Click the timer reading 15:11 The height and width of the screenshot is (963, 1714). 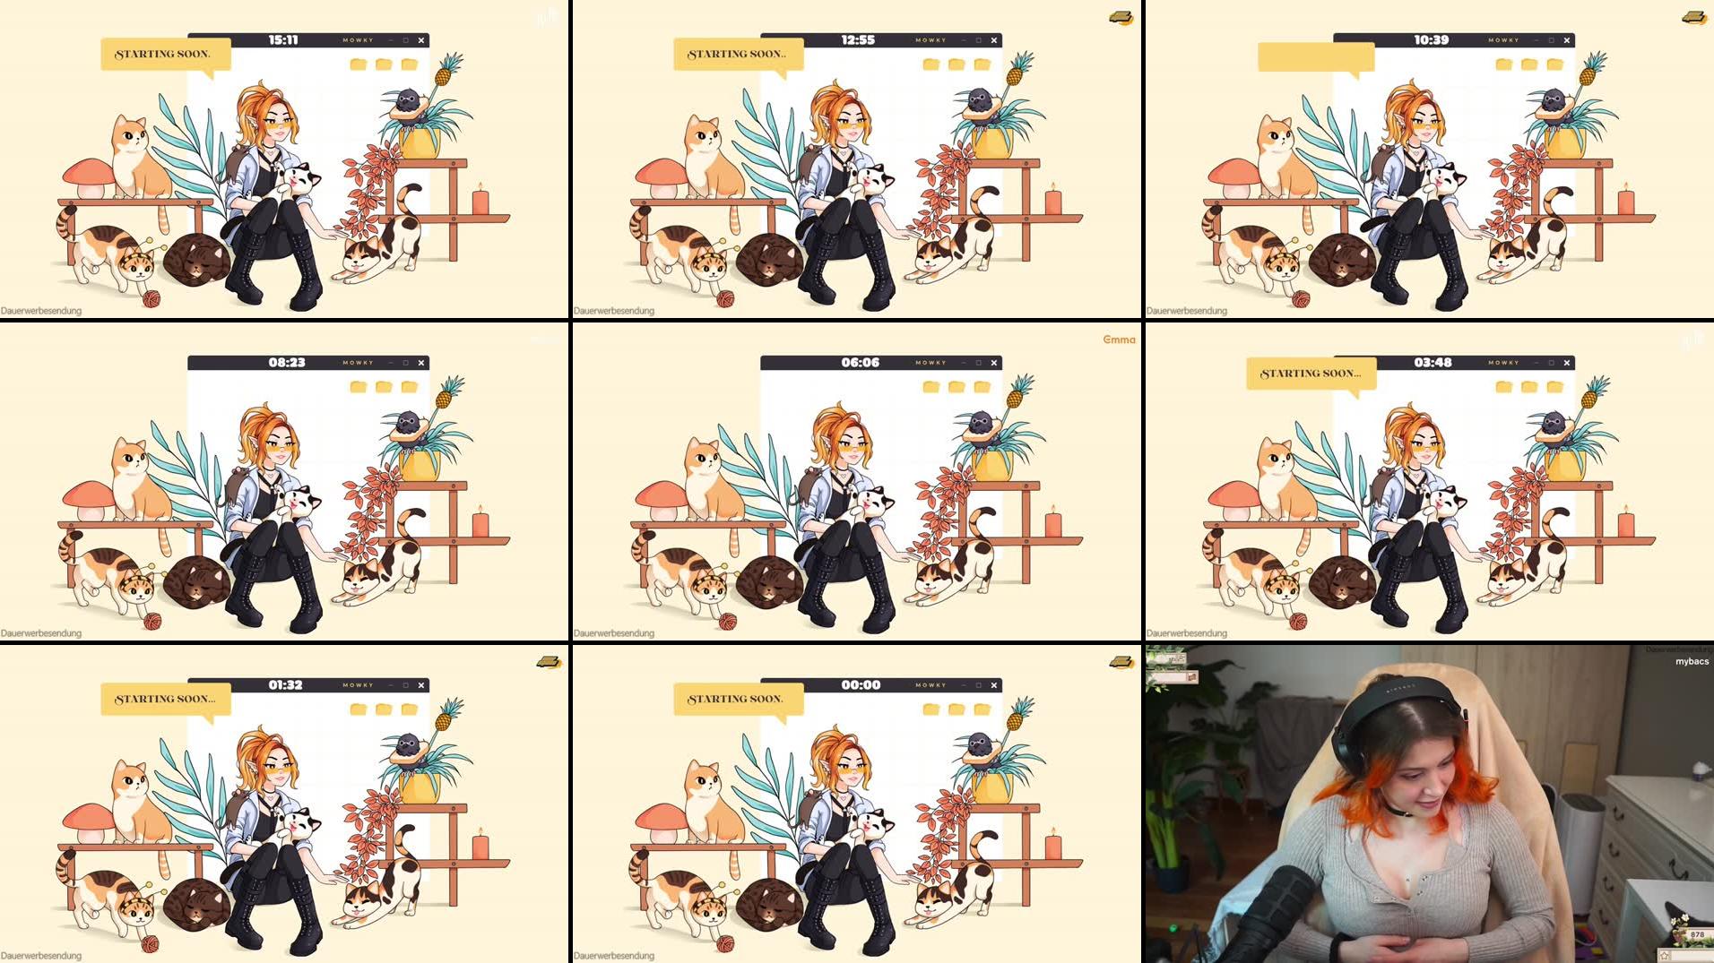(283, 40)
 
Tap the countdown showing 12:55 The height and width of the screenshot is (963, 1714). (858, 40)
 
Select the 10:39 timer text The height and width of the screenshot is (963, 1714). (1431, 40)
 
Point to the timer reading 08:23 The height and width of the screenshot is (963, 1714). (287, 363)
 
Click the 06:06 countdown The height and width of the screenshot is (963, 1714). (860, 363)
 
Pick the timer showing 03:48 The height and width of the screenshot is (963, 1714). (1433, 363)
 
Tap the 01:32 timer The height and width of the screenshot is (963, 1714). (285, 685)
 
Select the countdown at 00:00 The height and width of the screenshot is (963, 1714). (861, 685)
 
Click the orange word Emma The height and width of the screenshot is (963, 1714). (1119, 340)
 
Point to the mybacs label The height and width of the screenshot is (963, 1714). (1692, 661)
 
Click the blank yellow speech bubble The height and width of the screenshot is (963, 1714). (1315, 56)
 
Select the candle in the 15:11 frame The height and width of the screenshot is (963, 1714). (480, 200)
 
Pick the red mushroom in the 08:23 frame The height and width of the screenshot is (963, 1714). (89, 498)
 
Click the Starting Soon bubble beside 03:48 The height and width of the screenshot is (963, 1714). (1310, 374)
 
